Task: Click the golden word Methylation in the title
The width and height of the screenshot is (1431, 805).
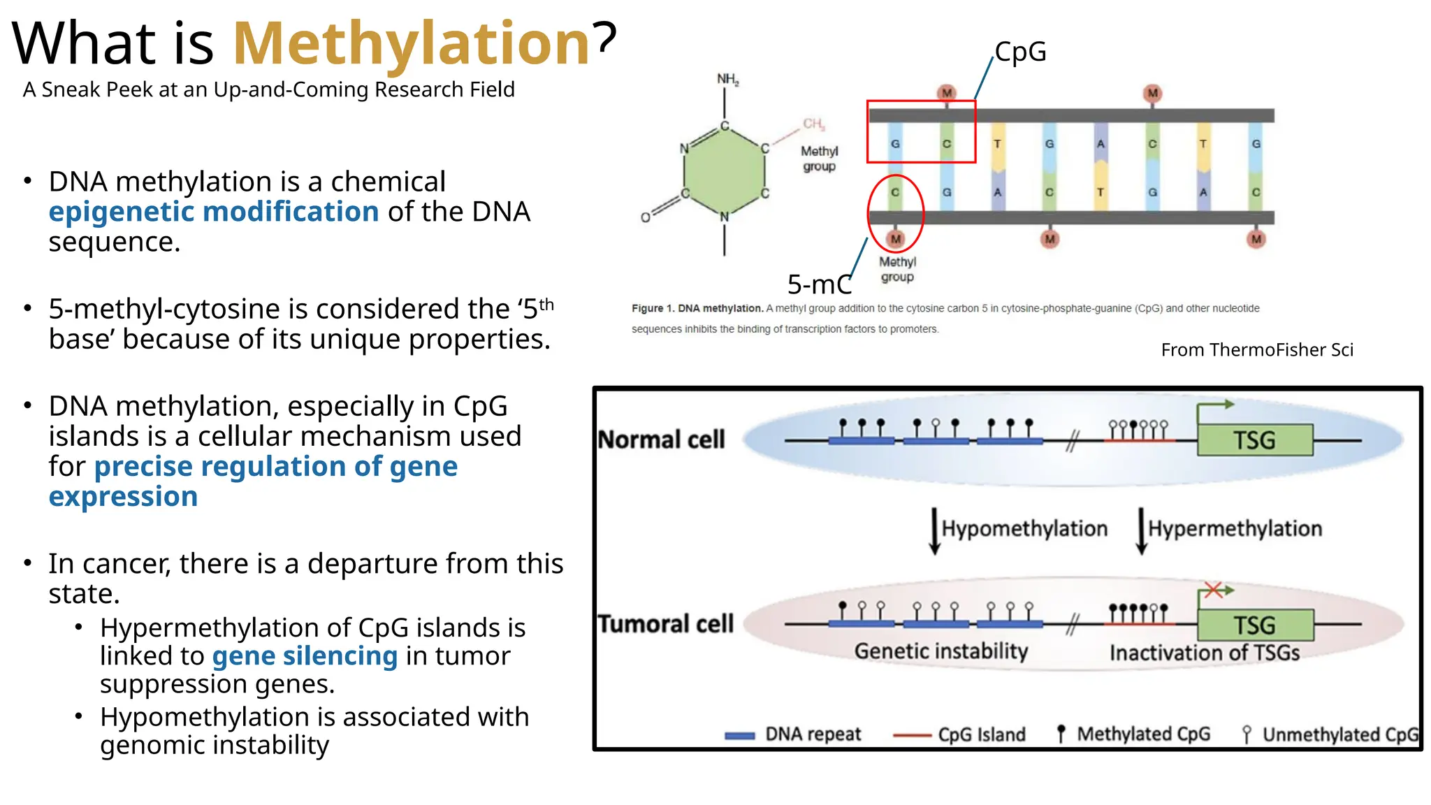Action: [412, 44]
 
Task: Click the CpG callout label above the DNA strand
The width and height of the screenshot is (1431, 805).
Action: [1020, 52]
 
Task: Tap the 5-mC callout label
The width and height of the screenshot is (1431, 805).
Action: [819, 284]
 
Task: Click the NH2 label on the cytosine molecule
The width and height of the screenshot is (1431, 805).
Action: [727, 79]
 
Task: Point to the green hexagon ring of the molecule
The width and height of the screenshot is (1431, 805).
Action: [725, 171]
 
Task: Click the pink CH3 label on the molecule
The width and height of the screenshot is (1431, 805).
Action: [813, 124]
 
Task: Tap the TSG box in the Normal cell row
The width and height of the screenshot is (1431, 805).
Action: [1254, 440]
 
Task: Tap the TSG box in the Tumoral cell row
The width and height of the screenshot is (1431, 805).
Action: [1255, 625]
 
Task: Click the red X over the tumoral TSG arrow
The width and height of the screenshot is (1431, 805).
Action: [1213, 590]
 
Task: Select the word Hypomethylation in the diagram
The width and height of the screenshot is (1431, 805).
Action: [1024, 528]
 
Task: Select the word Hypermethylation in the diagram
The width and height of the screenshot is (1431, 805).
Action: [1235, 528]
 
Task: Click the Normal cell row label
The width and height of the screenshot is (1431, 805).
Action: [661, 440]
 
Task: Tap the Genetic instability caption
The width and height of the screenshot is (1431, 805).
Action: [941, 651]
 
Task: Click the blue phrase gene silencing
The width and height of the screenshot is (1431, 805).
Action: [305, 656]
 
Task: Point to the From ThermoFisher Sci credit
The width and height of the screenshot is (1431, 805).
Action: [1256, 349]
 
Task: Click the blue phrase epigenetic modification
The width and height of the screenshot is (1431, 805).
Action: [213, 212]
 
